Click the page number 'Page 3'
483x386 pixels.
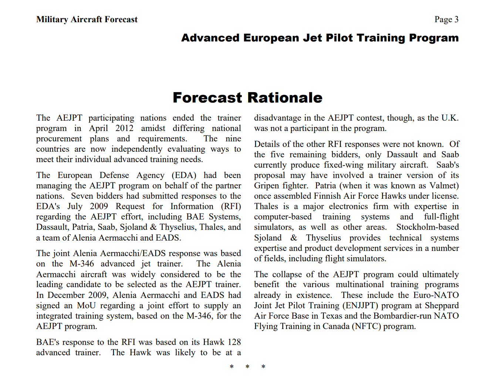(x=446, y=19)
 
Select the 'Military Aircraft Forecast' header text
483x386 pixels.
(x=87, y=19)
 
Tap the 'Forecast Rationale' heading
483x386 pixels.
(x=247, y=98)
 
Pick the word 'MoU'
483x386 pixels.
(x=86, y=305)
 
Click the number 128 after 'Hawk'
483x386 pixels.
(x=234, y=342)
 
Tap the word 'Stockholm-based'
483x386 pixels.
(x=428, y=227)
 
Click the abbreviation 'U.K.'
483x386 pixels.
(x=450, y=118)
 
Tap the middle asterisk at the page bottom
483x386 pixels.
(x=247, y=367)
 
